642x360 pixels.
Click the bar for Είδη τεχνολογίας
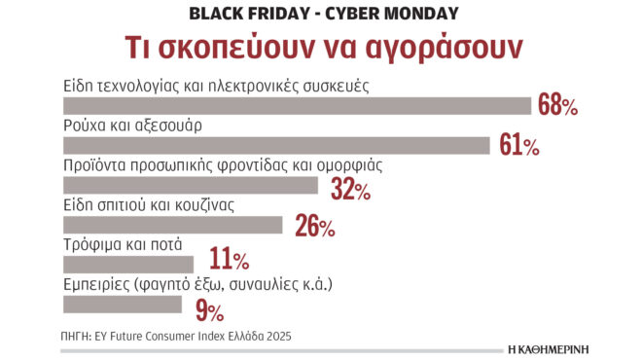[x=297, y=105]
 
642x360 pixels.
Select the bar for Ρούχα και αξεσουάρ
[x=276, y=145]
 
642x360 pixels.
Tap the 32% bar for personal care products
[x=190, y=185]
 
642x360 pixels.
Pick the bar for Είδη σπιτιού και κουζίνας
[x=172, y=225]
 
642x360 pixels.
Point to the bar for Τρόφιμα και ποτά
[x=128, y=264]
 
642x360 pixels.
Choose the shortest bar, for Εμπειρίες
[x=122, y=304]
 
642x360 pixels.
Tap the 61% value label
[x=518, y=146]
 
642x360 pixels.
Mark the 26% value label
[x=314, y=228]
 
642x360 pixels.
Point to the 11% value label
[x=227, y=260]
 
